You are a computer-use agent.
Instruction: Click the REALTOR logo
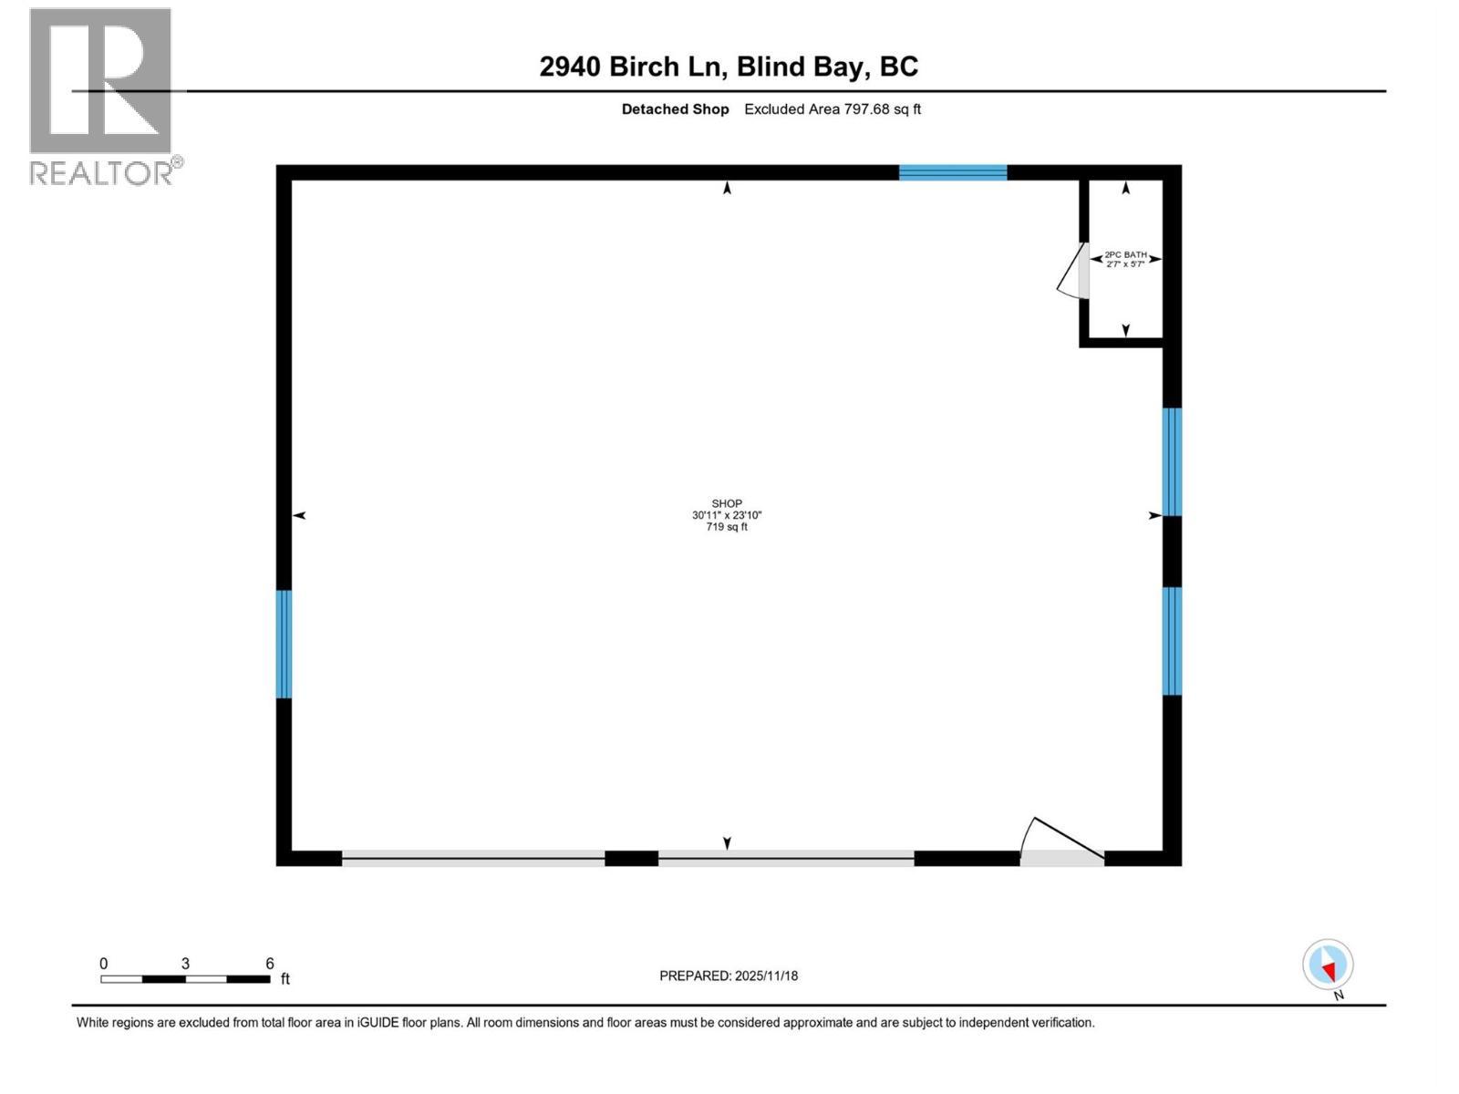click(x=101, y=96)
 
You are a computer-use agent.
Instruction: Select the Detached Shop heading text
click(x=675, y=109)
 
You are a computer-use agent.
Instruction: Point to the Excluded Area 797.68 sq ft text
click(x=833, y=109)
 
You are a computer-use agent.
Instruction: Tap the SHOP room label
click(x=727, y=503)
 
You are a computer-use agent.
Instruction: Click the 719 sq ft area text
click(x=727, y=527)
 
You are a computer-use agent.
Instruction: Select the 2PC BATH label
click(x=1125, y=255)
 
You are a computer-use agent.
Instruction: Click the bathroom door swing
click(x=1071, y=276)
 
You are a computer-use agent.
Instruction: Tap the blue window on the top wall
click(x=953, y=172)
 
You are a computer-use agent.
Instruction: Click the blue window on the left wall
click(x=284, y=644)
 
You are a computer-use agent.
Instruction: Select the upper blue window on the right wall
click(x=1172, y=461)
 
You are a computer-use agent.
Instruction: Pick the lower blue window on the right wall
click(x=1172, y=641)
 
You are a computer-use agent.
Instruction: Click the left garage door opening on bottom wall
click(x=472, y=857)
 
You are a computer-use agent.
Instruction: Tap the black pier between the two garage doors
click(x=631, y=858)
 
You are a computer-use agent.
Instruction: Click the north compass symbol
click(x=1328, y=965)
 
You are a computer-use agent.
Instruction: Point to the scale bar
click(x=185, y=979)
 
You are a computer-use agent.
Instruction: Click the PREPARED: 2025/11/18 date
click(x=729, y=975)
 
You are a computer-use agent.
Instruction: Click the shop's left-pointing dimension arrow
click(x=298, y=516)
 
